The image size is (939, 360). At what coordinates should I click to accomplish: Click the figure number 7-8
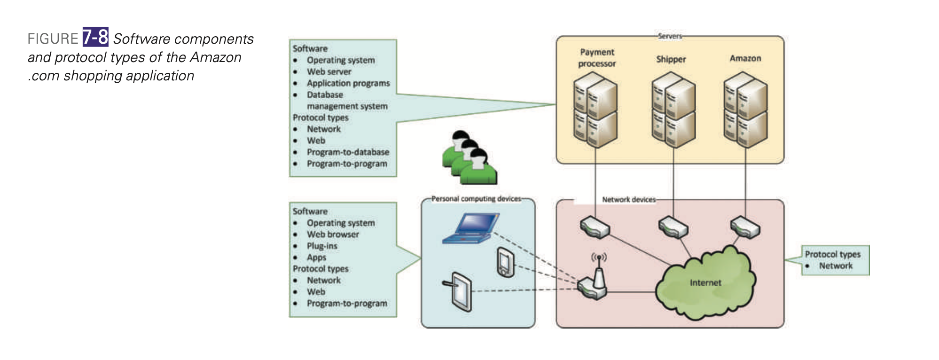[95, 37]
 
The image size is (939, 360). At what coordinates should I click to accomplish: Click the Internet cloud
[705, 282]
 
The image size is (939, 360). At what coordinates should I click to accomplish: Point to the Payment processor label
[597, 58]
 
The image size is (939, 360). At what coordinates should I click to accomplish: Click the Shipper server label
[671, 59]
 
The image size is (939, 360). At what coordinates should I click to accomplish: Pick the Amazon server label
[745, 58]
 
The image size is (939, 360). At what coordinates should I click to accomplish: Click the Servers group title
[670, 36]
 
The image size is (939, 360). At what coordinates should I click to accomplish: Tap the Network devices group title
[629, 200]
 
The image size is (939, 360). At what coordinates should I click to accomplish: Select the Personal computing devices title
[476, 199]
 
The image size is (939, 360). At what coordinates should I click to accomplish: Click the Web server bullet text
[329, 72]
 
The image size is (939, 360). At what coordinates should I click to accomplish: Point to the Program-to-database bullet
[348, 152]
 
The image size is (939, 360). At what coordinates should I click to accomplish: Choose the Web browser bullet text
[333, 235]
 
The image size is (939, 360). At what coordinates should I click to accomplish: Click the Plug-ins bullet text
[322, 246]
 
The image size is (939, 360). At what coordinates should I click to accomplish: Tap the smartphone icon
[505, 263]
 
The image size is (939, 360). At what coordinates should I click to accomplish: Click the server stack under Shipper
[673, 110]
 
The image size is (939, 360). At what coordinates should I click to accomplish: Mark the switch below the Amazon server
[745, 227]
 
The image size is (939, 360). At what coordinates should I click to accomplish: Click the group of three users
[469, 158]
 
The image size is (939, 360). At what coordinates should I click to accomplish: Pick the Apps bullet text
[316, 258]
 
